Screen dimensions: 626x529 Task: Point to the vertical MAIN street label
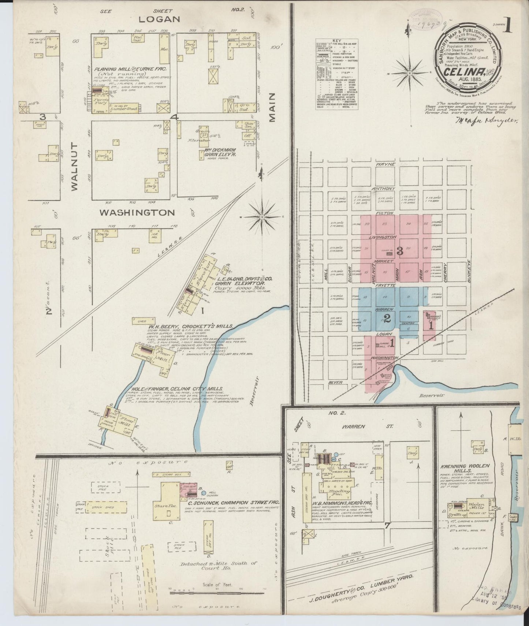[x=272, y=107]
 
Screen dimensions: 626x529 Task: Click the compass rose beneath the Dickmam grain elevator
[x=262, y=217]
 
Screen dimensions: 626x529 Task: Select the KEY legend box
[x=337, y=73]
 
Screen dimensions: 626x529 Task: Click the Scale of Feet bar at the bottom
[x=217, y=590]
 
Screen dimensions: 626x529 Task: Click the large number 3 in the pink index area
[x=400, y=251]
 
